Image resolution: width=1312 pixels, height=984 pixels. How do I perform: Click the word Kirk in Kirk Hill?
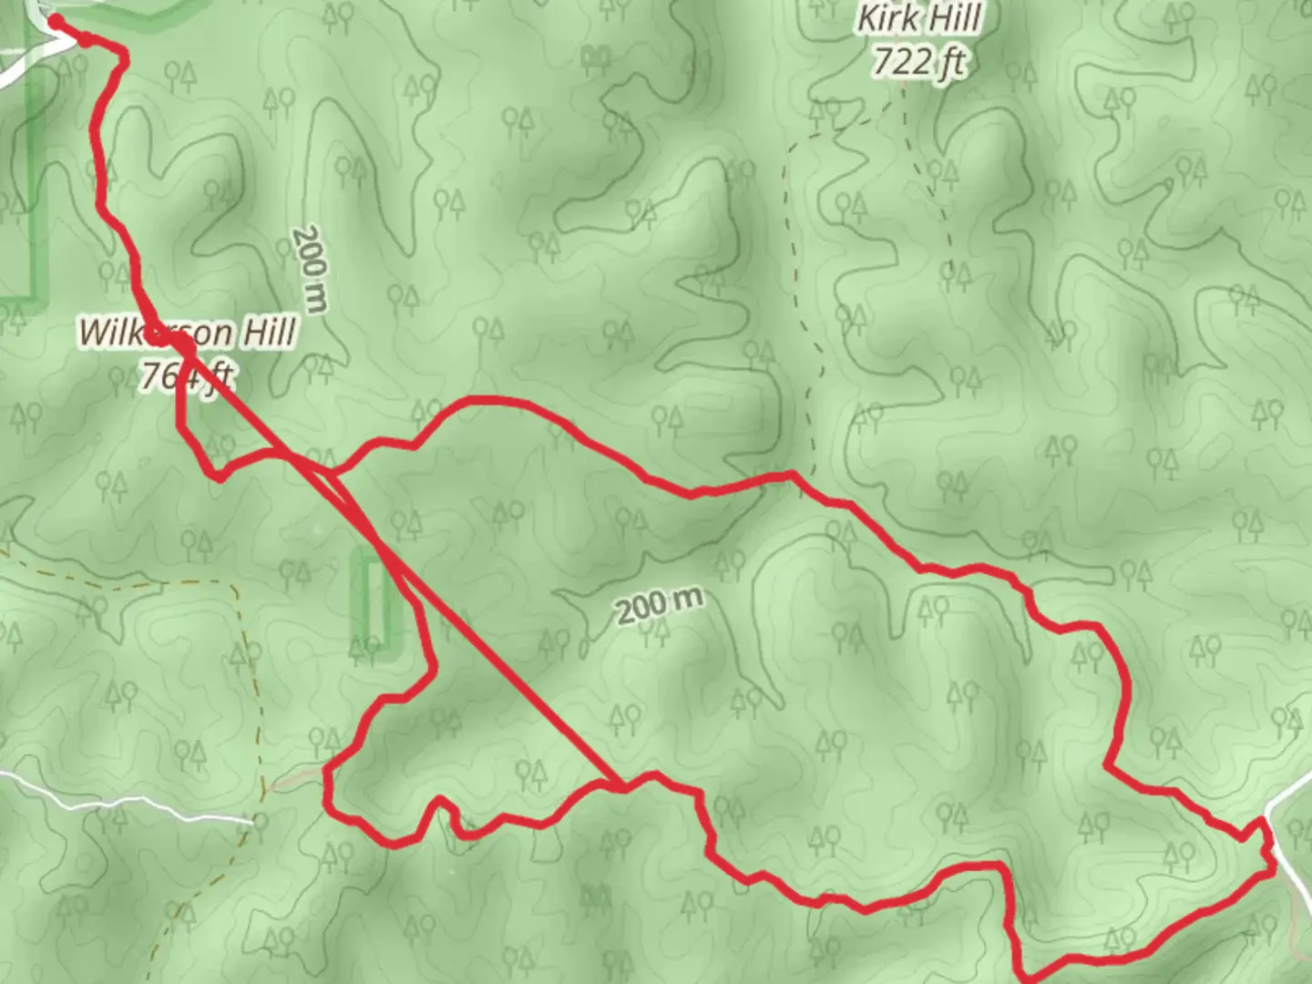pyautogui.click(x=887, y=18)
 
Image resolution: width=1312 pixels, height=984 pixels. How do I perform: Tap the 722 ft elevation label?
pyautogui.click(x=917, y=62)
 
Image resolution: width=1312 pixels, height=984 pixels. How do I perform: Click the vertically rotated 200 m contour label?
pyautogui.click(x=311, y=269)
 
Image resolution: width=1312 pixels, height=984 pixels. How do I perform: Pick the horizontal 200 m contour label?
pyautogui.click(x=660, y=604)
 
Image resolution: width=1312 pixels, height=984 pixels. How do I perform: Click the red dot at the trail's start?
pyautogui.click(x=56, y=22)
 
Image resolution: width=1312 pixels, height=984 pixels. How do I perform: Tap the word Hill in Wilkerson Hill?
pyautogui.click(x=269, y=332)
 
